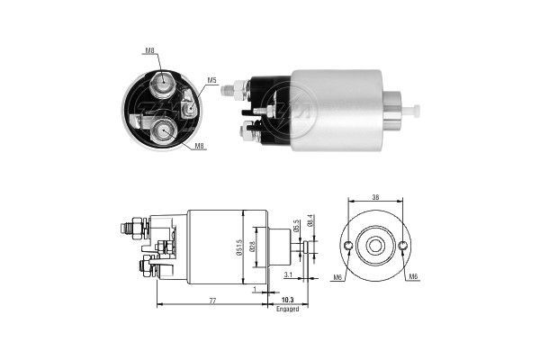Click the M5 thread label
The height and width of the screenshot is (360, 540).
[212, 81]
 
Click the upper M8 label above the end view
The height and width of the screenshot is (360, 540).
[149, 52]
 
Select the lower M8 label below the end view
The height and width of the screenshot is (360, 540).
[199, 145]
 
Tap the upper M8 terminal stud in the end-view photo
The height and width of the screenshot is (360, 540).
[164, 85]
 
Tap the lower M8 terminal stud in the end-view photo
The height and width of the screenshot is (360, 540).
[163, 131]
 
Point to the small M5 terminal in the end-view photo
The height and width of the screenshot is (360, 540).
[190, 108]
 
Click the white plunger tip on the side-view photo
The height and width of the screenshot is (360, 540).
[417, 110]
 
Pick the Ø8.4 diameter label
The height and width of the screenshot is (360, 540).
[310, 219]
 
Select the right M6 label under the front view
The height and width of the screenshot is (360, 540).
[413, 277]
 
